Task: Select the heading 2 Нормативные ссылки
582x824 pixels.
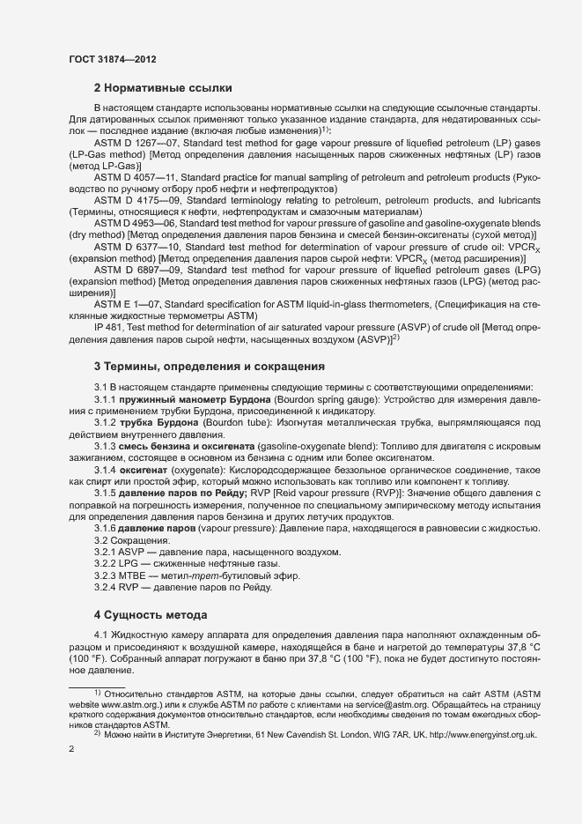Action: coord(163,88)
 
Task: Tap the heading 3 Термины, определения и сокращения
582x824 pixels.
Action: coord(210,366)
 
